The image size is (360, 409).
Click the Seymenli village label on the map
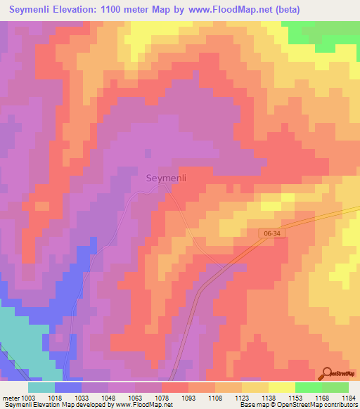click(x=166, y=178)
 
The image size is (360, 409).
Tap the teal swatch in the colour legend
click(x=41, y=387)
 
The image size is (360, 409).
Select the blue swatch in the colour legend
click(x=68, y=387)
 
